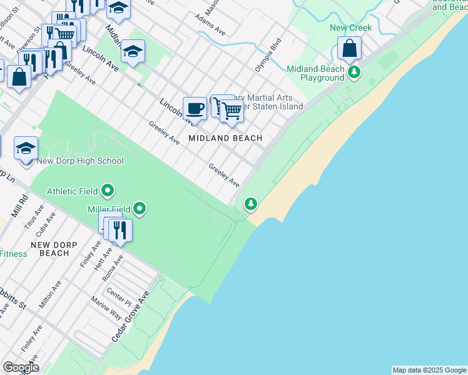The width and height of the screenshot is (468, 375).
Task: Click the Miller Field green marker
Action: [140, 209]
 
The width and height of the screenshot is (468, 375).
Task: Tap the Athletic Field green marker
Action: [108, 190]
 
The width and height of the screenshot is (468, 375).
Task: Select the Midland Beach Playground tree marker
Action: [355, 72]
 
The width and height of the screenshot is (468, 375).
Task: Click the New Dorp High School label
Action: [80, 161]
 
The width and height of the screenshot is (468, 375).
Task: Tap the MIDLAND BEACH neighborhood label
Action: [225, 138]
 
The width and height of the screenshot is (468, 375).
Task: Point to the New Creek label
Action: [351, 27]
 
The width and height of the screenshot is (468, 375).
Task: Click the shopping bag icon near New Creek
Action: [349, 48]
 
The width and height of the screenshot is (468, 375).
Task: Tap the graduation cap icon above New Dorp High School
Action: [26, 149]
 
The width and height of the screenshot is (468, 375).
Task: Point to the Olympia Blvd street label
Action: [268, 55]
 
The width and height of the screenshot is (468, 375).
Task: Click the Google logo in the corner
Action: [21, 367]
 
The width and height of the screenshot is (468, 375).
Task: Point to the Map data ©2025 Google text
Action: [429, 370]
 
